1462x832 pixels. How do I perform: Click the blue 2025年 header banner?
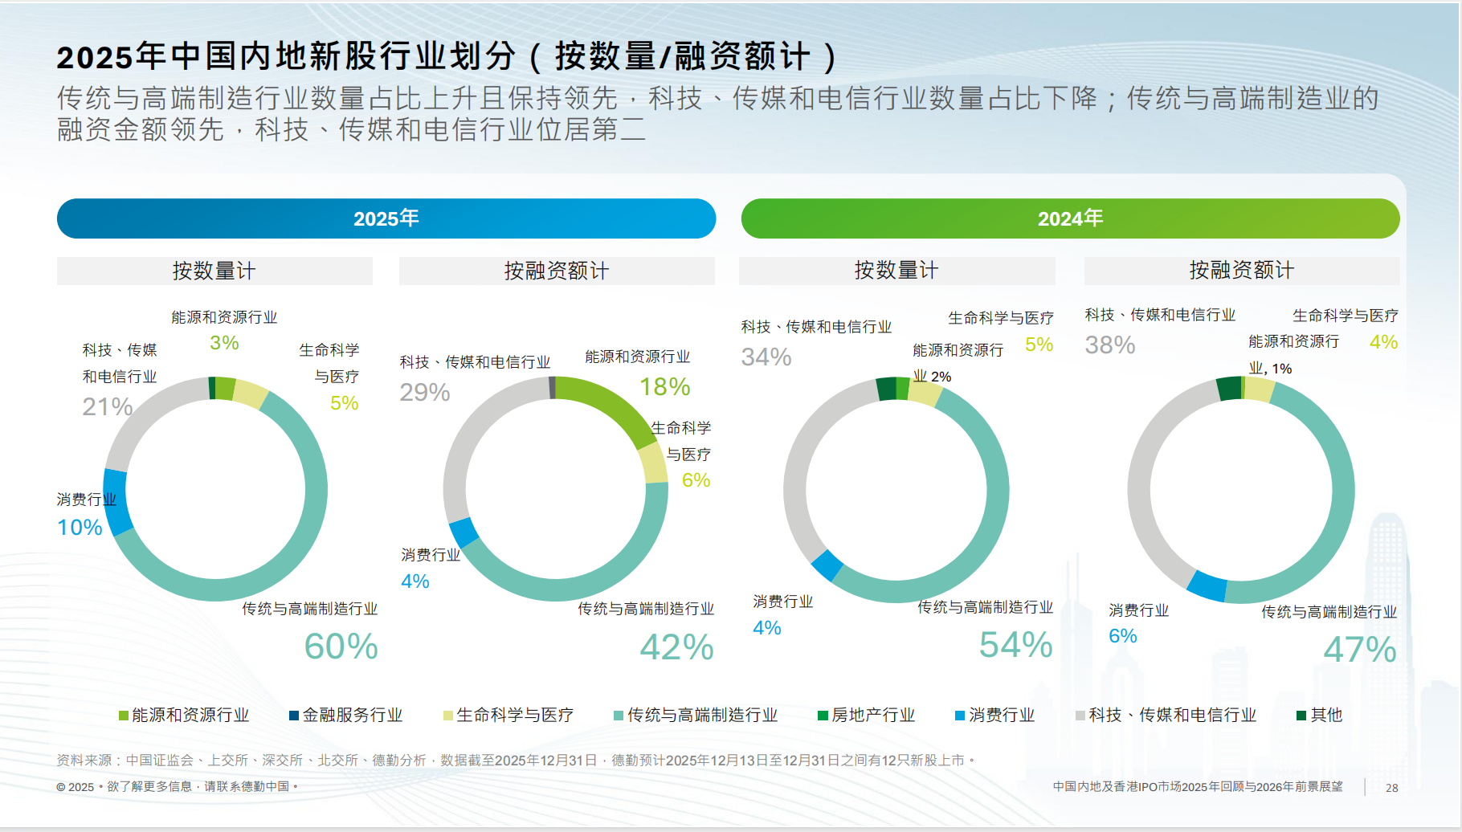point(386,218)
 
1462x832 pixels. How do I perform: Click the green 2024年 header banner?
point(1070,218)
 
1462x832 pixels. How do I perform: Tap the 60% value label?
point(341,646)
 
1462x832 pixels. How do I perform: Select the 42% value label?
point(676,647)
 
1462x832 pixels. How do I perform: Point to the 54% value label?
point(1015,645)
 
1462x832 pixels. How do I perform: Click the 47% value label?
point(1359,650)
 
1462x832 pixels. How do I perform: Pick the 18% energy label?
point(664,387)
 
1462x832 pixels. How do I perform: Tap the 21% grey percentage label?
point(107,406)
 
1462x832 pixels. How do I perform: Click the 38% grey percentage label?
point(1109,345)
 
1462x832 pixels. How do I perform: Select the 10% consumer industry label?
point(80,528)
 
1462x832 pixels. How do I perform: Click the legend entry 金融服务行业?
point(345,715)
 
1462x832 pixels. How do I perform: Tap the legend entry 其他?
point(1319,715)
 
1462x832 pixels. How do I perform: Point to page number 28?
point(1391,788)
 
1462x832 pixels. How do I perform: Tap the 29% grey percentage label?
point(424,392)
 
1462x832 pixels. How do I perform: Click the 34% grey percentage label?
point(766,357)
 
